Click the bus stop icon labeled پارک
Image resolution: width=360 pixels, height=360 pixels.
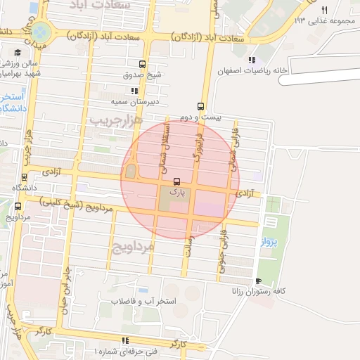coord(176,181)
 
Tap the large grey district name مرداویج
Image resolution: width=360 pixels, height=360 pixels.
coord(131,246)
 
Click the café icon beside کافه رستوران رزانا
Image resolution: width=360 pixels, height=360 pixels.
coord(259,281)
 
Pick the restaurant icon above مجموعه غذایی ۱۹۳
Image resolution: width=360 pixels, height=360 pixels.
coord(324,10)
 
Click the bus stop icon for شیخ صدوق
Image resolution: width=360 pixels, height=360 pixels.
coord(144,63)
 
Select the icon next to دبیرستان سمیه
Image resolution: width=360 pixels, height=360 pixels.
coord(134,91)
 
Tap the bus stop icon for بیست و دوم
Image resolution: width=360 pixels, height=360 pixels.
coord(202,106)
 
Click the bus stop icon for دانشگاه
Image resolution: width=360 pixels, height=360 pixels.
coord(25,177)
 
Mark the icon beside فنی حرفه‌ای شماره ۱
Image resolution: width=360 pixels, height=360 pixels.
coord(125,340)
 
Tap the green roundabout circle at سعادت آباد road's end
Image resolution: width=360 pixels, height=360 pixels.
coord(41,31)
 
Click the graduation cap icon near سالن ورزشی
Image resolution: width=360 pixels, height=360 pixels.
coord(17,52)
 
